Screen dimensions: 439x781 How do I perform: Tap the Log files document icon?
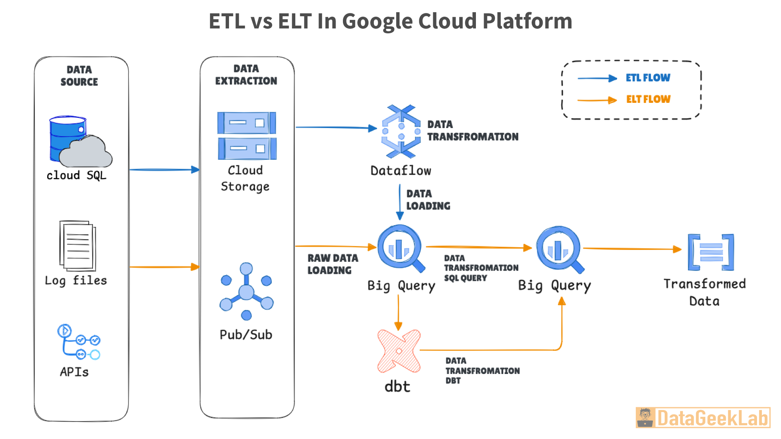click(x=78, y=246)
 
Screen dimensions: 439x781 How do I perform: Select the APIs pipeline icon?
click(x=79, y=342)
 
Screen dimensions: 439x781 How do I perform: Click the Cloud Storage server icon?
click(x=247, y=135)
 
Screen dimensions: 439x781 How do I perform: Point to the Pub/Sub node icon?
click(x=246, y=292)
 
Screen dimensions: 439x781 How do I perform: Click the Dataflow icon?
click(x=401, y=131)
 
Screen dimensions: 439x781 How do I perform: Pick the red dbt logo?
click(x=399, y=351)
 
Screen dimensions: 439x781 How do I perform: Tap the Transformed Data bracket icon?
click(x=711, y=252)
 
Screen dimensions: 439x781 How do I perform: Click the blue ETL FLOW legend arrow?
click(x=597, y=78)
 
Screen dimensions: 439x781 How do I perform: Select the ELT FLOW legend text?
click(x=648, y=99)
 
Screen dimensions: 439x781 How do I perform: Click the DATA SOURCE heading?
click(x=79, y=76)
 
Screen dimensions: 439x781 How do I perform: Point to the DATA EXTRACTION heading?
click(x=246, y=75)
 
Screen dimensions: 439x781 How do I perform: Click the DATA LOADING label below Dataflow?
click(x=428, y=200)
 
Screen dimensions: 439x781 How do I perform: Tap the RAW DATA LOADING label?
click(x=332, y=264)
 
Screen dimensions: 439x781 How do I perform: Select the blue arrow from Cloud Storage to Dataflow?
click(x=336, y=128)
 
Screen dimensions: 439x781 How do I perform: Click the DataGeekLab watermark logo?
click(x=703, y=418)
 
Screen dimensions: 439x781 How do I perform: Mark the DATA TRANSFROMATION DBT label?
click(x=482, y=371)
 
